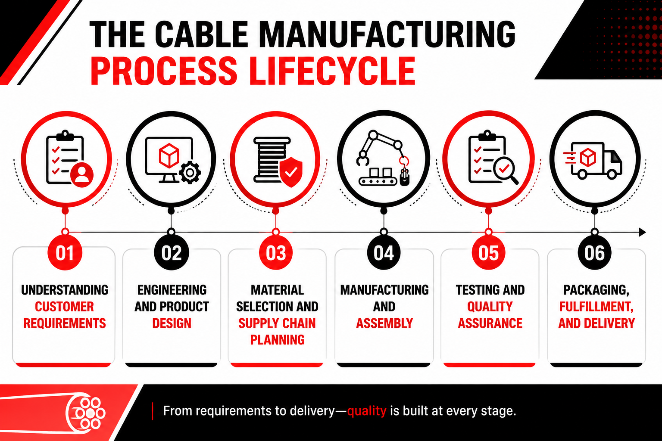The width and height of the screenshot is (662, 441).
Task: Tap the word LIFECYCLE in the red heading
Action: [333, 71]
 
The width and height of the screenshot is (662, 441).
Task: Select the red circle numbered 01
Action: [65, 253]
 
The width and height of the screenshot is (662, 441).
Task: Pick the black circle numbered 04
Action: [384, 253]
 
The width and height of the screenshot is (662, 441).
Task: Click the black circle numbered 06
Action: [595, 253]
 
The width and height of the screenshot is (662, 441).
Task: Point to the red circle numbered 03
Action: [276, 253]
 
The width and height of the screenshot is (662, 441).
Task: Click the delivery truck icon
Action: [593, 161]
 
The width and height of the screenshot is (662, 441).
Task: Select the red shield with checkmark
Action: [291, 172]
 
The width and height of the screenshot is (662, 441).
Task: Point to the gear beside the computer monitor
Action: [190, 173]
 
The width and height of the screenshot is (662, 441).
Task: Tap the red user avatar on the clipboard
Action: [82, 175]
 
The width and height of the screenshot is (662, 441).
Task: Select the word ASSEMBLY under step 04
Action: [384, 323]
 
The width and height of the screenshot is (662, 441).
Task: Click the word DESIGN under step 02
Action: [172, 323]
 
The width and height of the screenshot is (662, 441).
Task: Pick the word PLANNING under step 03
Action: [277, 340]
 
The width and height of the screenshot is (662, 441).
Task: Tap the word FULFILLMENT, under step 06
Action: [596, 307]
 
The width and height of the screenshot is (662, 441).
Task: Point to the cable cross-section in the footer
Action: [86, 413]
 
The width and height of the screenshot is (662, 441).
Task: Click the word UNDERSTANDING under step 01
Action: [65, 290]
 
